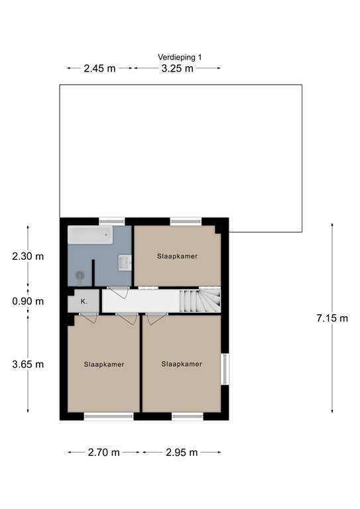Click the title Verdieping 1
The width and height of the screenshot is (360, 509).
[180, 57]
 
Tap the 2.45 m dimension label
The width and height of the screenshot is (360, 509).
[99, 68]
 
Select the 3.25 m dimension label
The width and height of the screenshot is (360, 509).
[177, 68]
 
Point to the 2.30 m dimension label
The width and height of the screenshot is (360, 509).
[28, 256]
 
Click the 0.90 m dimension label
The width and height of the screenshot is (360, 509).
[28, 302]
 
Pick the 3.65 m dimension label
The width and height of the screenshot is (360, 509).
[28, 365]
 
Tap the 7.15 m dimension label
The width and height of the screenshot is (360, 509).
[332, 318]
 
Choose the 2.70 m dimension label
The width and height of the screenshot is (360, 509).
[103, 452]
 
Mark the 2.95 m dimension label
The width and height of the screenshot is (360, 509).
[182, 452]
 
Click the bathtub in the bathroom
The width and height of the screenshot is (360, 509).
[90, 235]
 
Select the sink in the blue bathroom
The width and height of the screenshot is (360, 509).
[125, 262]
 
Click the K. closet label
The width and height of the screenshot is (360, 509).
[84, 302]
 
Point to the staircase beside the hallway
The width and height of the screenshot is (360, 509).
[200, 301]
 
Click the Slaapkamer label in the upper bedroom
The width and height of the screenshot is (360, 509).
[177, 256]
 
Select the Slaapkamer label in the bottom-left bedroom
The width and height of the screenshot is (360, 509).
[104, 365]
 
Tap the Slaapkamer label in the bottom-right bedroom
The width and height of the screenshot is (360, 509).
[182, 364]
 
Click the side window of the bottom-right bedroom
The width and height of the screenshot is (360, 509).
[225, 368]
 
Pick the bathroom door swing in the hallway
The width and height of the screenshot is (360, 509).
[119, 292]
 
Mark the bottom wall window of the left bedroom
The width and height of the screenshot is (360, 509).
[109, 416]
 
